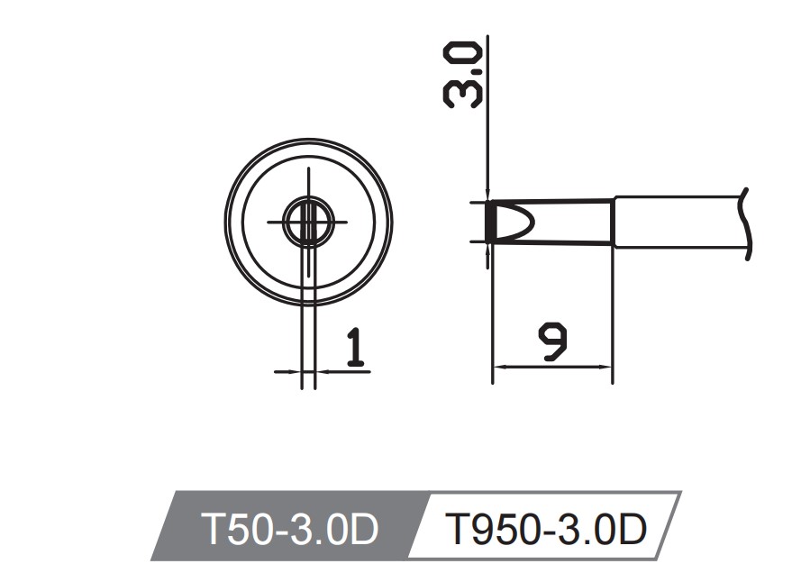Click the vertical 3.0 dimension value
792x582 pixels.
coord(463,79)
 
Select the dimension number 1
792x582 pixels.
coord(356,348)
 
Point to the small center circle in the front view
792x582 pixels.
coord(307,221)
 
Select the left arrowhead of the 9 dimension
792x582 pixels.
coord(498,367)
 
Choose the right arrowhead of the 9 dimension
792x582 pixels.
coord(606,367)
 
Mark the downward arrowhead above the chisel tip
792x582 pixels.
coord(487,193)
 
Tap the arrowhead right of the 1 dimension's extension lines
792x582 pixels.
coord(321,370)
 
